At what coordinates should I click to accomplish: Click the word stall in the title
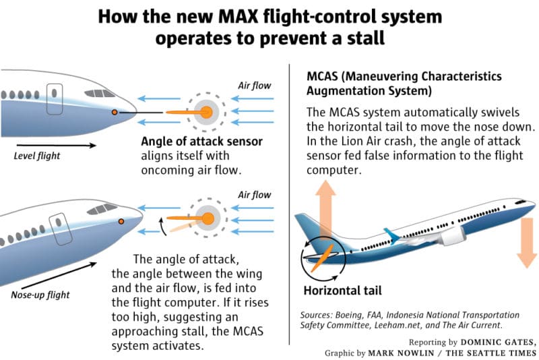click(x=366, y=38)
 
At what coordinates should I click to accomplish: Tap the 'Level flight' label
click(x=36, y=156)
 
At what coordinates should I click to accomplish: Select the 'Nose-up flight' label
click(x=40, y=295)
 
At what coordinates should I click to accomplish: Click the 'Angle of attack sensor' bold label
click(x=201, y=142)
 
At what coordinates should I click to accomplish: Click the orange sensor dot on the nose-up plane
click(x=121, y=221)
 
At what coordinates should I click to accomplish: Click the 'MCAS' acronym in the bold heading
click(x=323, y=77)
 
